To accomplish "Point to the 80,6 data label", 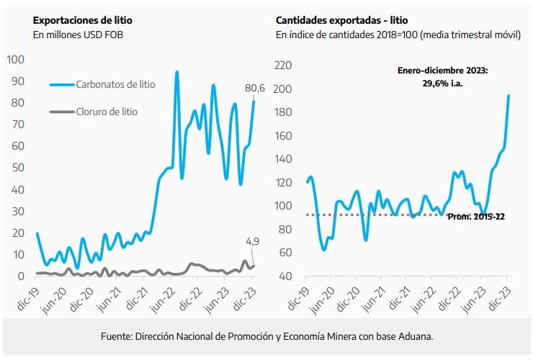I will [255, 89].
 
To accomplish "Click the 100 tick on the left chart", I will [14, 59].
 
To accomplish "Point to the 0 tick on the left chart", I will [22, 276].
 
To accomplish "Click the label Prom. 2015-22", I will [475, 216].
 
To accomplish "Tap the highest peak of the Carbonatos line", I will [176, 73].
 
